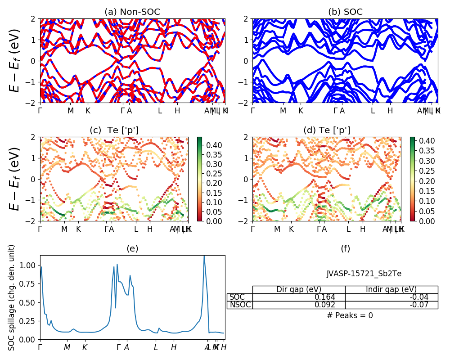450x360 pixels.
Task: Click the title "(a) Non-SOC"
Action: tap(132, 12)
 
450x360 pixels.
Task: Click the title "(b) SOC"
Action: tap(345, 12)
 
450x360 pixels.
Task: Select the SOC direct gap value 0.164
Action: tap(333, 297)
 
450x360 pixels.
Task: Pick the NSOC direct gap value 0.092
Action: tap(333, 305)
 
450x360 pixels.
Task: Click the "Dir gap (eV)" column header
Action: tap(299, 289)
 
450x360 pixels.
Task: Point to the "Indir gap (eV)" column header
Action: tap(391, 289)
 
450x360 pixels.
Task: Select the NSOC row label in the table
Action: tap(239, 305)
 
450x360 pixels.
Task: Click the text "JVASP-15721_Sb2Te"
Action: tap(364, 274)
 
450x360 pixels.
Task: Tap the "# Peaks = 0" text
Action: tap(350, 315)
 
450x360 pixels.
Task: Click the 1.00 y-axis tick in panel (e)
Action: tap(31, 265)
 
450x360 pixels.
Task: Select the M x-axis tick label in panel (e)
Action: tap(67, 347)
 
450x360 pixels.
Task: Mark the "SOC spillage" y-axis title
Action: tap(12, 297)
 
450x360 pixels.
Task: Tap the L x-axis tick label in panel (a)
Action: tap(160, 111)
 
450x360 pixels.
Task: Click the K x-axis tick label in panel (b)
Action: tap(301, 111)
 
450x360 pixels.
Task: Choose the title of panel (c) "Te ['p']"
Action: tap(114, 130)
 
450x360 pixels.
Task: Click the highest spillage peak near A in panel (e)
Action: tap(204, 256)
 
